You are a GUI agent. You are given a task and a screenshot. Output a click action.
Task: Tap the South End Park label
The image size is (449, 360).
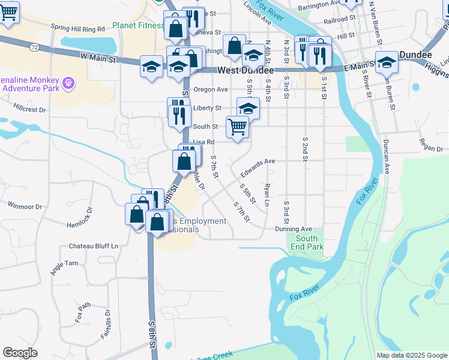pos(310,242)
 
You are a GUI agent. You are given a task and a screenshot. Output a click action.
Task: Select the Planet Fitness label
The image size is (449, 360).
pos(137,26)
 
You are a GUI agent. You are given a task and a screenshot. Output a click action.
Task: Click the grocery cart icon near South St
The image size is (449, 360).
pos(237,127)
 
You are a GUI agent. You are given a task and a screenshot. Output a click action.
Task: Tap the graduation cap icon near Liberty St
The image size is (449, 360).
pos(248,108)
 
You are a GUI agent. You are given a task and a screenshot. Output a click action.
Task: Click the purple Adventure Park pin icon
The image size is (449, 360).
pos(69,81)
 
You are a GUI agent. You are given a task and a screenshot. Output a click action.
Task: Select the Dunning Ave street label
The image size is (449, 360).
pos(294,229)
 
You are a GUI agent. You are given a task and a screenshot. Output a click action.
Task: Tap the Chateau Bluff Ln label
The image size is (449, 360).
pos(94,246)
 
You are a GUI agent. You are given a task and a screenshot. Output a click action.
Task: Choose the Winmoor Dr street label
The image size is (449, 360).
pos(25,206)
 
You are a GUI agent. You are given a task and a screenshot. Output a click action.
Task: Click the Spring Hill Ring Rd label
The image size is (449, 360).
pos(78,28)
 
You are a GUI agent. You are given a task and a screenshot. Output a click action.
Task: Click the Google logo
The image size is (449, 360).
pos(20,353)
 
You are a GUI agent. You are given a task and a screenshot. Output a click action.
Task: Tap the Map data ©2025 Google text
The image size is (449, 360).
pos(411,355)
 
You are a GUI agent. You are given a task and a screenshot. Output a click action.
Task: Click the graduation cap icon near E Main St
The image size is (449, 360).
pos(387,62)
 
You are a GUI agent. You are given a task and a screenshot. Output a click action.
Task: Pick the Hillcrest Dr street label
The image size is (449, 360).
pos(30,110)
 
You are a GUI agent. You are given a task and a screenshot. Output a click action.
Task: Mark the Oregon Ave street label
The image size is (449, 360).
pos(211,89)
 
